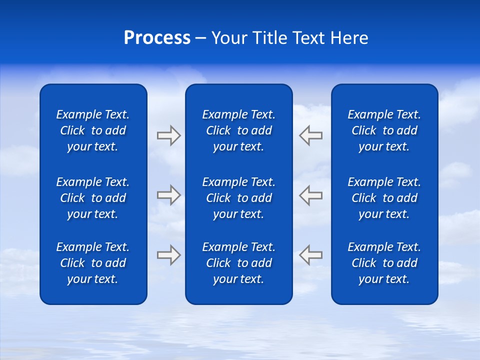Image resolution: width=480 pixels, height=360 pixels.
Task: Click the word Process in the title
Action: (x=157, y=38)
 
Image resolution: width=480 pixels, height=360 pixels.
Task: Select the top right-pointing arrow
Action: (x=168, y=135)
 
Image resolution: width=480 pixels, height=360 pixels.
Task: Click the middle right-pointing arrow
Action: (x=168, y=195)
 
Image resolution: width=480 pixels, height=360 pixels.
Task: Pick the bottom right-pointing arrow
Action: (x=168, y=255)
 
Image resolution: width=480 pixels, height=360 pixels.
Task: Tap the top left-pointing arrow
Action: (x=311, y=135)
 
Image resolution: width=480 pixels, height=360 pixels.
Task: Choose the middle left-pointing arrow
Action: (x=311, y=195)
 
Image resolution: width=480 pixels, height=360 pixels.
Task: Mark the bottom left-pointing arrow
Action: (x=311, y=255)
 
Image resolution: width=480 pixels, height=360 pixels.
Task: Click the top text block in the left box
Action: (x=93, y=130)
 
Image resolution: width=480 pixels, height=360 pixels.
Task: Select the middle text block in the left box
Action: (x=93, y=198)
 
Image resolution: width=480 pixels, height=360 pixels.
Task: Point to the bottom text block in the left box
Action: (x=93, y=263)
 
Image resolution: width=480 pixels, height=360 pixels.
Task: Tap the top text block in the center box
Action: (x=239, y=130)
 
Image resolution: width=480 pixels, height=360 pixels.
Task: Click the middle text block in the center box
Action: (x=239, y=198)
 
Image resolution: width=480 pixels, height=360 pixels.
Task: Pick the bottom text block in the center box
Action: (x=239, y=263)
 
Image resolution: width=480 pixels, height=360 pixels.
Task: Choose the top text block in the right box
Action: (x=384, y=130)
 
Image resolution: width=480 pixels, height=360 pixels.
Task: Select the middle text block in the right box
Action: (x=384, y=198)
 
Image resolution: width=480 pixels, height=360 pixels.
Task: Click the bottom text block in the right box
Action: (x=384, y=263)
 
